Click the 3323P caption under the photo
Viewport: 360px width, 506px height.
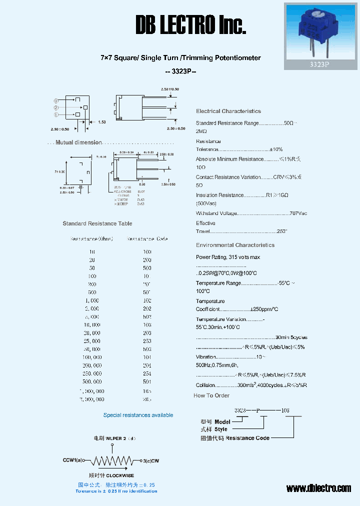coord(320,64)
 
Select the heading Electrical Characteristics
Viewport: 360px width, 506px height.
coord(228,111)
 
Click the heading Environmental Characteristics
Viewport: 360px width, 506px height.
coord(235,245)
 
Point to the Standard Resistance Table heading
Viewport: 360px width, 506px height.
coord(97,223)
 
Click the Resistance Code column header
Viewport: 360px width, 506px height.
coord(147,239)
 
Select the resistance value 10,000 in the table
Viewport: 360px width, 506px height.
coord(92,325)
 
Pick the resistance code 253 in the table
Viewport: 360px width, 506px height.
coord(147,341)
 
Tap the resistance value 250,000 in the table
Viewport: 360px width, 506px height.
coord(92,373)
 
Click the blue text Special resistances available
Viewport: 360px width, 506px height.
coord(138,415)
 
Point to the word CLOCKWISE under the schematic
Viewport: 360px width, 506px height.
coord(120,475)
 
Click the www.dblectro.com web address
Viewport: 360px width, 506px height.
coord(318,488)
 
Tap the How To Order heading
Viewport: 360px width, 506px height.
coord(211,395)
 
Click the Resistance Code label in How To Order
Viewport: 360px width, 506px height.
coord(247,438)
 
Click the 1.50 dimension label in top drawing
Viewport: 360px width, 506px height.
coord(101,122)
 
